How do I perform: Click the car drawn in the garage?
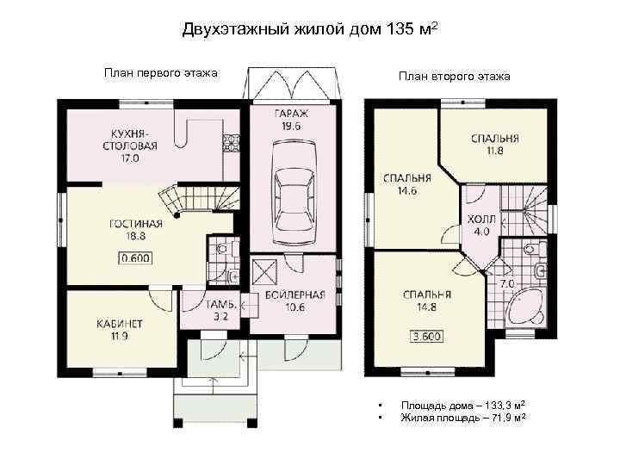(x=294, y=194)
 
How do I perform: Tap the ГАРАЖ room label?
(x=291, y=114)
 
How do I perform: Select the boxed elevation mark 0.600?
(x=136, y=258)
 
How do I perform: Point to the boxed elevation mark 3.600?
(x=426, y=337)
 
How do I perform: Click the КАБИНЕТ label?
(x=120, y=325)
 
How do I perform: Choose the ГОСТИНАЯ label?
(x=136, y=224)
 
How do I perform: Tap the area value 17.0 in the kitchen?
(x=130, y=158)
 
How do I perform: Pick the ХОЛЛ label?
(x=481, y=219)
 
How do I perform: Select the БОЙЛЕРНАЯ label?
(x=295, y=294)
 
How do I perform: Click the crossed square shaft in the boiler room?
(x=264, y=271)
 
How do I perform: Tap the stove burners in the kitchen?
(x=232, y=144)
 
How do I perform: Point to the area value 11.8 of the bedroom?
(x=494, y=151)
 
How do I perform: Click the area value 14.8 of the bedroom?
(x=426, y=307)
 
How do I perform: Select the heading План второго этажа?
(x=455, y=76)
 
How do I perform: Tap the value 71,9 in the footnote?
(x=499, y=418)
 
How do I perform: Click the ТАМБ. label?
(x=220, y=305)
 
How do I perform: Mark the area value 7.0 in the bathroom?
(x=507, y=284)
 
